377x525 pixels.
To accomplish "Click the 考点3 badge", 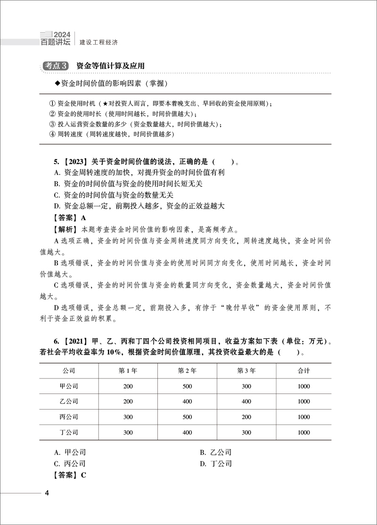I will pyautogui.click(x=56, y=66).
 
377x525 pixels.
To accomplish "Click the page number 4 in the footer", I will pyautogui.click(x=47, y=493).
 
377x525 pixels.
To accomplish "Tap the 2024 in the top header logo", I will pyautogui.click(x=62, y=34).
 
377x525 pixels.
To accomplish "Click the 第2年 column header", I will pyautogui.click(x=187, y=371).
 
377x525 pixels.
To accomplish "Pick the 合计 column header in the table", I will pyautogui.click(x=304, y=371).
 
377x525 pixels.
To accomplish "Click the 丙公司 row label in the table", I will pyautogui.click(x=70, y=417).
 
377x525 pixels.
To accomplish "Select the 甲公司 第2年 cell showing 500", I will pyautogui.click(x=187, y=386).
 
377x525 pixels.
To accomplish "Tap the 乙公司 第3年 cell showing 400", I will pyautogui.click(x=246, y=402).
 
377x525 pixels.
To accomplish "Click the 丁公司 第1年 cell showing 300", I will pyautogui.click(x=128, y=432).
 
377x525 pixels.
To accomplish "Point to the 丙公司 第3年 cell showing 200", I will pyautogui.click(x=246, y=417).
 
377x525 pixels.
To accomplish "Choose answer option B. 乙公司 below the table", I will pyautogui.click(x=215, y=452).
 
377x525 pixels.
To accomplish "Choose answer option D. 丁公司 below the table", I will pyautogui.click(x=215, y=464).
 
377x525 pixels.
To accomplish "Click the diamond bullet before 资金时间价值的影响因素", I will pyautogui.click(x=58, y=83).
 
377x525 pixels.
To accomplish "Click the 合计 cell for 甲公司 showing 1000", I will pyautogui.click(x=304, y=386).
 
